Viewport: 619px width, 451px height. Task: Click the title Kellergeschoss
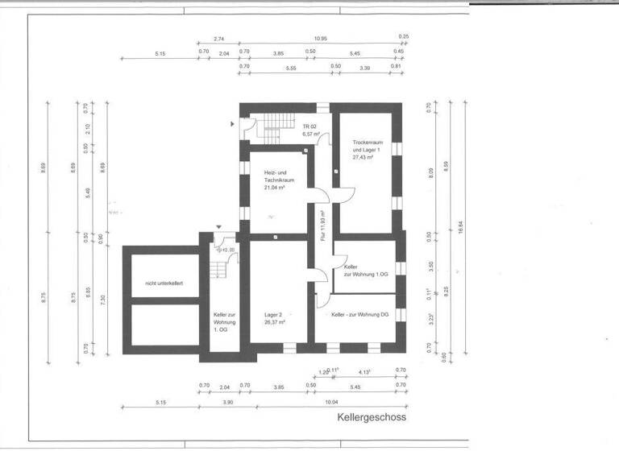coord(372,418)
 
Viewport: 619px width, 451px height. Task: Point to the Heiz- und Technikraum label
coord(278,180)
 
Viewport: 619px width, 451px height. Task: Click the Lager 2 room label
coord(275,319)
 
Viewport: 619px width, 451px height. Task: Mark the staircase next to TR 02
coord(277,124)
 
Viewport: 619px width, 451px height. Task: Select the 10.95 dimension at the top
coord(320,39)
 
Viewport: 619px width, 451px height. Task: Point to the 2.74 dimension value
coord(218,39)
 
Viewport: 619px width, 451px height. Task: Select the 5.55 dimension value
coord(291,68)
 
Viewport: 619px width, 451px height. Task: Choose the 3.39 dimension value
coord(364,68)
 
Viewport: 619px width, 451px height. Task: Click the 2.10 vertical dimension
coord(87,129)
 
